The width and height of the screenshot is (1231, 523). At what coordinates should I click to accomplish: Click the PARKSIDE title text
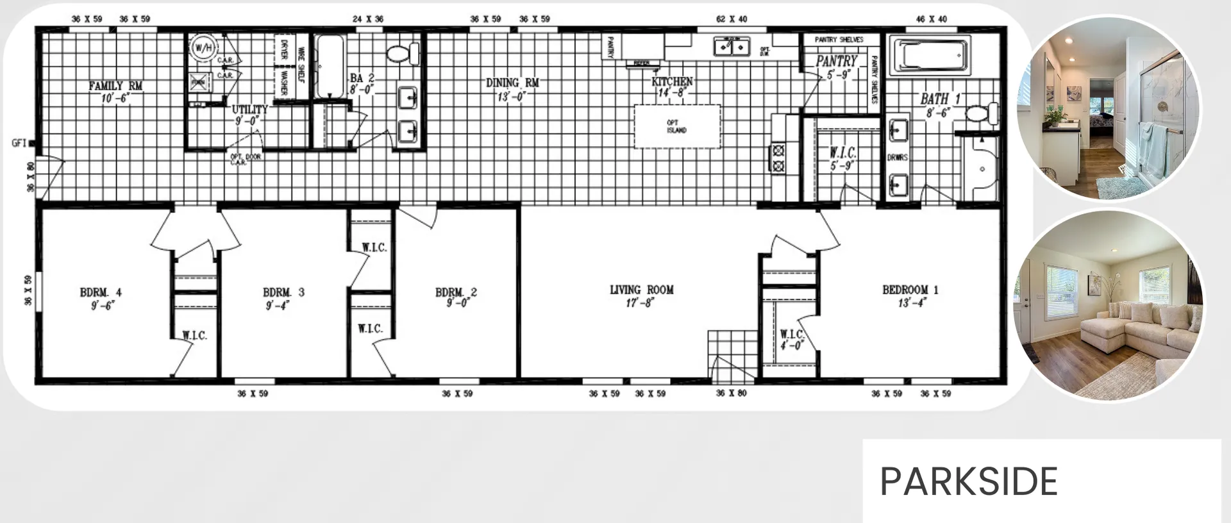click(968, 481)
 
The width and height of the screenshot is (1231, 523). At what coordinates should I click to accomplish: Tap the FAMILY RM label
click(115, 86)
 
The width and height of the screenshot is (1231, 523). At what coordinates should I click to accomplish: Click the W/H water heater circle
click(203, 48)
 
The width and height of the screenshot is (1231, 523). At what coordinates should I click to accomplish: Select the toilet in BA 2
click(403, 53)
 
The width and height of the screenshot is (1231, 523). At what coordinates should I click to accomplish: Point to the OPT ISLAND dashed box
click(676, 126)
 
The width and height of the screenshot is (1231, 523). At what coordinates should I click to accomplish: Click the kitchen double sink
click(732, 47)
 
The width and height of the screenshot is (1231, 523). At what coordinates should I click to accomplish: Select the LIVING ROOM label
click(641, 290)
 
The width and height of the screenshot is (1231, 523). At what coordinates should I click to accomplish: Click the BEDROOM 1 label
click(910, 290)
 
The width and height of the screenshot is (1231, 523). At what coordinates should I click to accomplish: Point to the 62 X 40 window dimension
click(732, 19)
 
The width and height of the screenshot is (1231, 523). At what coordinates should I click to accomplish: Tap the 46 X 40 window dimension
click(931, 19)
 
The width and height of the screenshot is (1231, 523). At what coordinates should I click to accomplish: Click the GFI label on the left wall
click(19, 143)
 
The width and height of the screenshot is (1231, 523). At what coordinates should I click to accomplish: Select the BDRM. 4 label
click(101, 293)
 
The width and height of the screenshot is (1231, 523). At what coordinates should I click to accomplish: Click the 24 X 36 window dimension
click(368, 19)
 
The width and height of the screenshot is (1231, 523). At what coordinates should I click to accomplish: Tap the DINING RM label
click(512, 83)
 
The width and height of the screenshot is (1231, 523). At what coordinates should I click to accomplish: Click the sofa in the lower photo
click(1135, 330)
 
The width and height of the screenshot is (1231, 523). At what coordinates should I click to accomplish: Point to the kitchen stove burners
click(778, 158)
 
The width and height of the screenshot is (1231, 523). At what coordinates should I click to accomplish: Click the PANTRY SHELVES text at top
click(839, 40)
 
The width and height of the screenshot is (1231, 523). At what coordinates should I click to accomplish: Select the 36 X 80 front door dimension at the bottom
click(731, 393)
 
